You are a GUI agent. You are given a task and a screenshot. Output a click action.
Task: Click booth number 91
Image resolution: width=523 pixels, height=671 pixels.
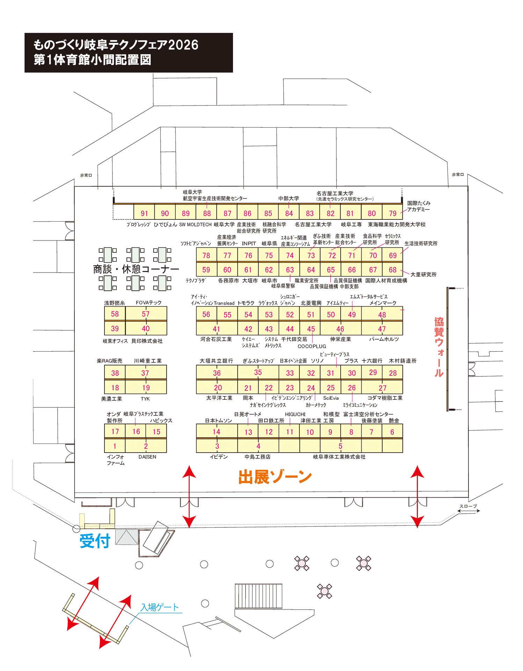[x=144, y=213]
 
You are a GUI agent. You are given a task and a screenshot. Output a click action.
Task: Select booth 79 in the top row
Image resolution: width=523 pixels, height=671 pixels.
[x=393, y=213]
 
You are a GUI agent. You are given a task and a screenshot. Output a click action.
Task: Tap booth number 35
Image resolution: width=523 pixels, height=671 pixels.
[x=258, y=372]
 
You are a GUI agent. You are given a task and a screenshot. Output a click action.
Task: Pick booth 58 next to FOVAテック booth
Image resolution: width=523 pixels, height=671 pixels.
[x=115, y=314]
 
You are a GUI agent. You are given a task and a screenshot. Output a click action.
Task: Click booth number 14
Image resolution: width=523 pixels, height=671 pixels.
[x=216, y=432]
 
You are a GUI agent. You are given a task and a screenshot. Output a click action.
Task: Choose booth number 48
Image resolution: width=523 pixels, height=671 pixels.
[x=382, y=315]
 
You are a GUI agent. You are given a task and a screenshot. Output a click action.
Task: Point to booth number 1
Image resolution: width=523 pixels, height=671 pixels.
[x=115, y=446]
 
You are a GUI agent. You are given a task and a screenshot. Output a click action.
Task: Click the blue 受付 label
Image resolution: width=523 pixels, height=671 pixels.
[x=95, y=541]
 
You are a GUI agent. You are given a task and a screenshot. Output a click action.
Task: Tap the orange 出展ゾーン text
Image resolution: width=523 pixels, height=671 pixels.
[x=275, y=477]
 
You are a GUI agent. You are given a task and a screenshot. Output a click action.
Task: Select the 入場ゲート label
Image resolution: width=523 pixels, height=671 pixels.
[x=159, y=607]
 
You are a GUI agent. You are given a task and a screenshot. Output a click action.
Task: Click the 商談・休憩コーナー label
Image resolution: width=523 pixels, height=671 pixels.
[x=136, y=269]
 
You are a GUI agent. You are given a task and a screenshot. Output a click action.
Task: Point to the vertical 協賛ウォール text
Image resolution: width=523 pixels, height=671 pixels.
[x=439, y=347]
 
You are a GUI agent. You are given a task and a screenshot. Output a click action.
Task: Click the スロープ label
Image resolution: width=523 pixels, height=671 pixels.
[x=468, y=506]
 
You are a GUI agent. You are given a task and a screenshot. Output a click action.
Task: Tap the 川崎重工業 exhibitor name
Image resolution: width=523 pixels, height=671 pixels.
[x=148, y=361]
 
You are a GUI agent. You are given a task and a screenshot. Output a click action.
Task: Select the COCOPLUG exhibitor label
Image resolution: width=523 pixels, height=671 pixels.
[x=312, y=346]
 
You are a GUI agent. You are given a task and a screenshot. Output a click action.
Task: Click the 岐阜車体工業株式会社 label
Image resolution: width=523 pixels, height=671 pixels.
[x=339, y=457]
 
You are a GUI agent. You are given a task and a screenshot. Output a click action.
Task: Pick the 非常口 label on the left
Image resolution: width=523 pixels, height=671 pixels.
[x=86, y=175]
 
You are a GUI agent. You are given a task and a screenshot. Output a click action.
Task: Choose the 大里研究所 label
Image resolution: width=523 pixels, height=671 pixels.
[x=423, y=274]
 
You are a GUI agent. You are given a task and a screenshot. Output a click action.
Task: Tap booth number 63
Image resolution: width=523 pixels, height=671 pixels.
[x=290, y=270]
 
